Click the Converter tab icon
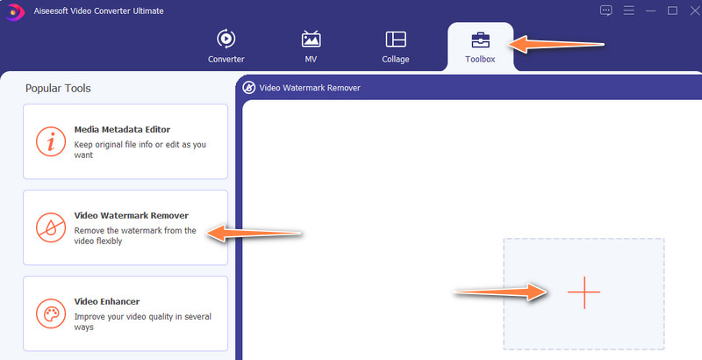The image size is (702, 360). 226,39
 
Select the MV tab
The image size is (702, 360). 311,47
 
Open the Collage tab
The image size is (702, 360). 396,47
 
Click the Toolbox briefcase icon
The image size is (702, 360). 480,40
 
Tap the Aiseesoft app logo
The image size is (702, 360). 15,11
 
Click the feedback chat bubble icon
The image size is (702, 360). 605,11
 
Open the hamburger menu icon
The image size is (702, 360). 628,11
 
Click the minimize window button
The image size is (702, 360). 650,11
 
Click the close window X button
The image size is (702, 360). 694,11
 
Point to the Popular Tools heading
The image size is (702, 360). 58,88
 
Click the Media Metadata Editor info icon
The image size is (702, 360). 51,141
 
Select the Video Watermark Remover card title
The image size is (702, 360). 131,215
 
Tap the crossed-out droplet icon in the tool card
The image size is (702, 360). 51,227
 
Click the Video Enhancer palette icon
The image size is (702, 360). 51,313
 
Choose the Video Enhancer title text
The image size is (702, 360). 107,301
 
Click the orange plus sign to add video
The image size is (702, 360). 584,292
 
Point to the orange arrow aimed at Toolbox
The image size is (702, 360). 555,44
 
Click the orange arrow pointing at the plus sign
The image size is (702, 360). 500,292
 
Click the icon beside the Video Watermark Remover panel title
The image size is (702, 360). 249,88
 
